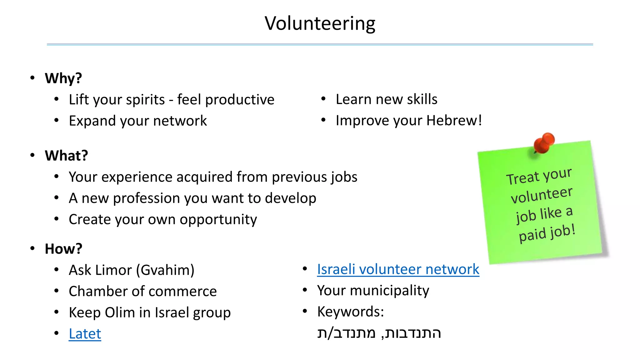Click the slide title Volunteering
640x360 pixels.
pos(320,23)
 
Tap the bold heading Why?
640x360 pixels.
pos(63,78)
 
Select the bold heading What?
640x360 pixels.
pos(66,156)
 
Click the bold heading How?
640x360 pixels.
pos(63,249)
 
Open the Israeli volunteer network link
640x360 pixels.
pos(398,269)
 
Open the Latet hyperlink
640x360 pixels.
pos(85,334)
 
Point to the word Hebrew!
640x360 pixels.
pos(454,121)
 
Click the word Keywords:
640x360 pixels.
pos(350,312)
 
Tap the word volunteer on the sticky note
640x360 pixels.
pos(541,195)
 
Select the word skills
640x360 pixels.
pos(422,99)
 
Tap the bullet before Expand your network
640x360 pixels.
pos(57,121)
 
